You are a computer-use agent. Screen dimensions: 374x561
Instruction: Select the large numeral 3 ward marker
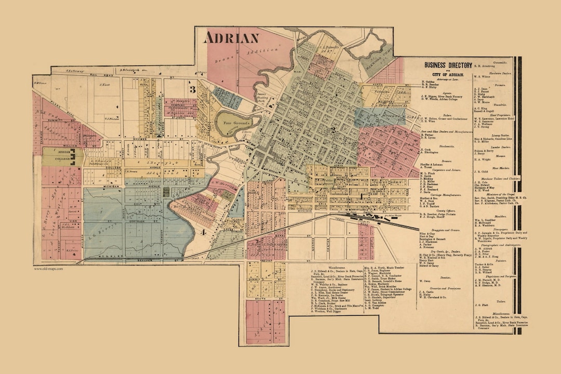(x=192, y=89)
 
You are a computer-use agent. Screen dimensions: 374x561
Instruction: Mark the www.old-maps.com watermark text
(x=48, y=269)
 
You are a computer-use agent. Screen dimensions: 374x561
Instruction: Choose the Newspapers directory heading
(x=492, y=229)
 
